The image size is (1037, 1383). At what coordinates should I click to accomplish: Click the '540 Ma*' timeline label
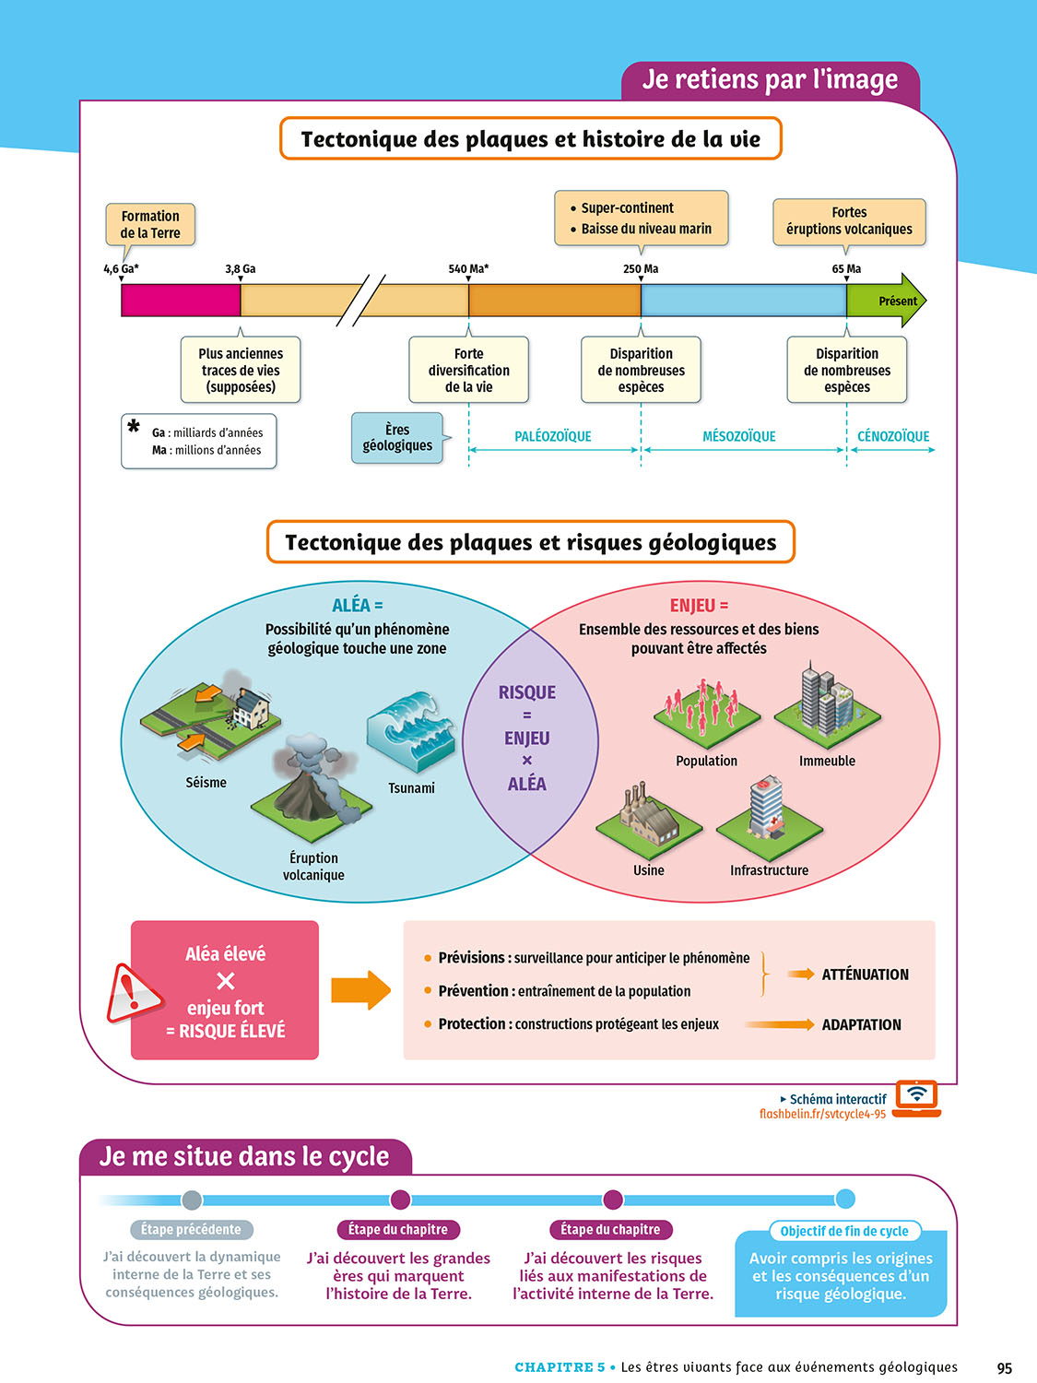tap(468, 268)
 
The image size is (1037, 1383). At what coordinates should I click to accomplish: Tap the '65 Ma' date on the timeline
tap(846, 268)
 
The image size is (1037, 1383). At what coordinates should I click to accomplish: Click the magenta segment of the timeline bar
tap(181, 301)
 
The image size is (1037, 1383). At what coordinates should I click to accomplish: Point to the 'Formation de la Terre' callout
tap(150, 224)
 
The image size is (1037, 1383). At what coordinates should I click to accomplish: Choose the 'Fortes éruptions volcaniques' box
tap(849, 220)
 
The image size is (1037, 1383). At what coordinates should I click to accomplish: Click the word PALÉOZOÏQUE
tap(553, 436)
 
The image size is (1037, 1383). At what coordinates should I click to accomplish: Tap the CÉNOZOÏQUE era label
tap(893, 436)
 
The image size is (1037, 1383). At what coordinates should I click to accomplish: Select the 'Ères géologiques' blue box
tap(397, 437)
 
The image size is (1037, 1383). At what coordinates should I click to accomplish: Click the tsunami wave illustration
tap(412, 731)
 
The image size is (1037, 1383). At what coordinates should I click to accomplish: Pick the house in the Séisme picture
tap(250, 708)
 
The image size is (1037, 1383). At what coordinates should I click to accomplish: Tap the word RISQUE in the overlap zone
tap(527, 692)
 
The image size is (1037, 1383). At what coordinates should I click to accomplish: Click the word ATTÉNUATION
tap(865, 975)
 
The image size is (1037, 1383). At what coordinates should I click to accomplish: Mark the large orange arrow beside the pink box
tap(360, 990)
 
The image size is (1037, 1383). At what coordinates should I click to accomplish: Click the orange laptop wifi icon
tap(917, 1096)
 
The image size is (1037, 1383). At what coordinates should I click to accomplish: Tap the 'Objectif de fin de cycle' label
tap(844, 1231)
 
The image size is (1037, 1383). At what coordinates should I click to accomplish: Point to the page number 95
tap(1005, 1368)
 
